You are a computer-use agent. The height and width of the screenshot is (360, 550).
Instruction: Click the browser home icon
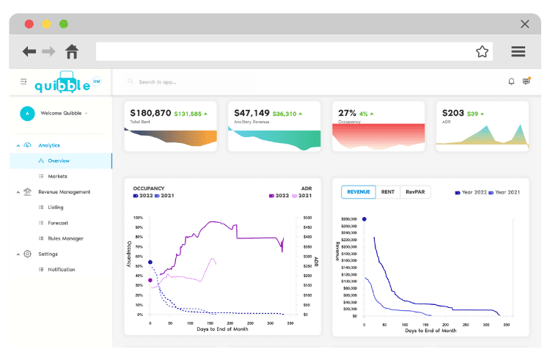[72, 51]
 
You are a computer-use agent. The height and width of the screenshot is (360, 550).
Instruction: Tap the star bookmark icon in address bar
[482, 51]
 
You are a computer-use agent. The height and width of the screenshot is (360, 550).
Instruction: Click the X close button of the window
[525, 23]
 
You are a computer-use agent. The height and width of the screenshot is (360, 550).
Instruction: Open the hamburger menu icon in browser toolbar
[518, 51]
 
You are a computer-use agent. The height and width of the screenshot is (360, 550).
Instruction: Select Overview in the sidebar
[59, 161]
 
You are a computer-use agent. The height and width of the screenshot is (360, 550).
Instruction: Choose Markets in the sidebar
[57, 176]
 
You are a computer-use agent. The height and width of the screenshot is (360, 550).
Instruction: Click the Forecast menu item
[58, 223]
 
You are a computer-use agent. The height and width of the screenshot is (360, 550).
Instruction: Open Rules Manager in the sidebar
[65, 238]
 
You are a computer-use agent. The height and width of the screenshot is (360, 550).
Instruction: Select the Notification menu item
[62, 270]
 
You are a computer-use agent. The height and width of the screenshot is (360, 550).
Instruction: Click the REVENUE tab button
[359, 192]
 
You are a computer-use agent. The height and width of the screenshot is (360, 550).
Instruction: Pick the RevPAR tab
[417, 192]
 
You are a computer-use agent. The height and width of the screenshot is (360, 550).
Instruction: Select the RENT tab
[388, 192]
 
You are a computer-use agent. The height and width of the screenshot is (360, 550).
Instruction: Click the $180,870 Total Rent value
[150, 113]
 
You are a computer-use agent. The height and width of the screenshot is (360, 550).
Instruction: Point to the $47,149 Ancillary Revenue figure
[252, 113]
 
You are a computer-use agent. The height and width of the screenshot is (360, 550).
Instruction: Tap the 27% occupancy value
[347, 113]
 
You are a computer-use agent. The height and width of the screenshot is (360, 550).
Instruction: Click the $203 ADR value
[452, 113]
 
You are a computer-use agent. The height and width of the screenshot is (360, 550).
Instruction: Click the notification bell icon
[511, 81]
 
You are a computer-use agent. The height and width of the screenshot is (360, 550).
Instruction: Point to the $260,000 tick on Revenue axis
[349, 219]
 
